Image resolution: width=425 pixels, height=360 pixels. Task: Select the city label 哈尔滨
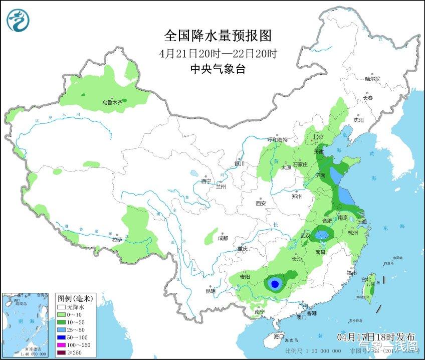[372, 79]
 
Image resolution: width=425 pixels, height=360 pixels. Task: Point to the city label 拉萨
[117, 240]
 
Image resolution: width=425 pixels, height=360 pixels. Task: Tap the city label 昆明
[210, 291]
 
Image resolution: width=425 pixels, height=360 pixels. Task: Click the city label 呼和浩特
[277, 140]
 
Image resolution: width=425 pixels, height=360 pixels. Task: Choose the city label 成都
[223, 238]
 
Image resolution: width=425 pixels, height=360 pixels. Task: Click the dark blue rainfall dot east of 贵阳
[274, 284]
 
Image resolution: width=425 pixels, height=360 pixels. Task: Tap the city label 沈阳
[358, 120]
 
